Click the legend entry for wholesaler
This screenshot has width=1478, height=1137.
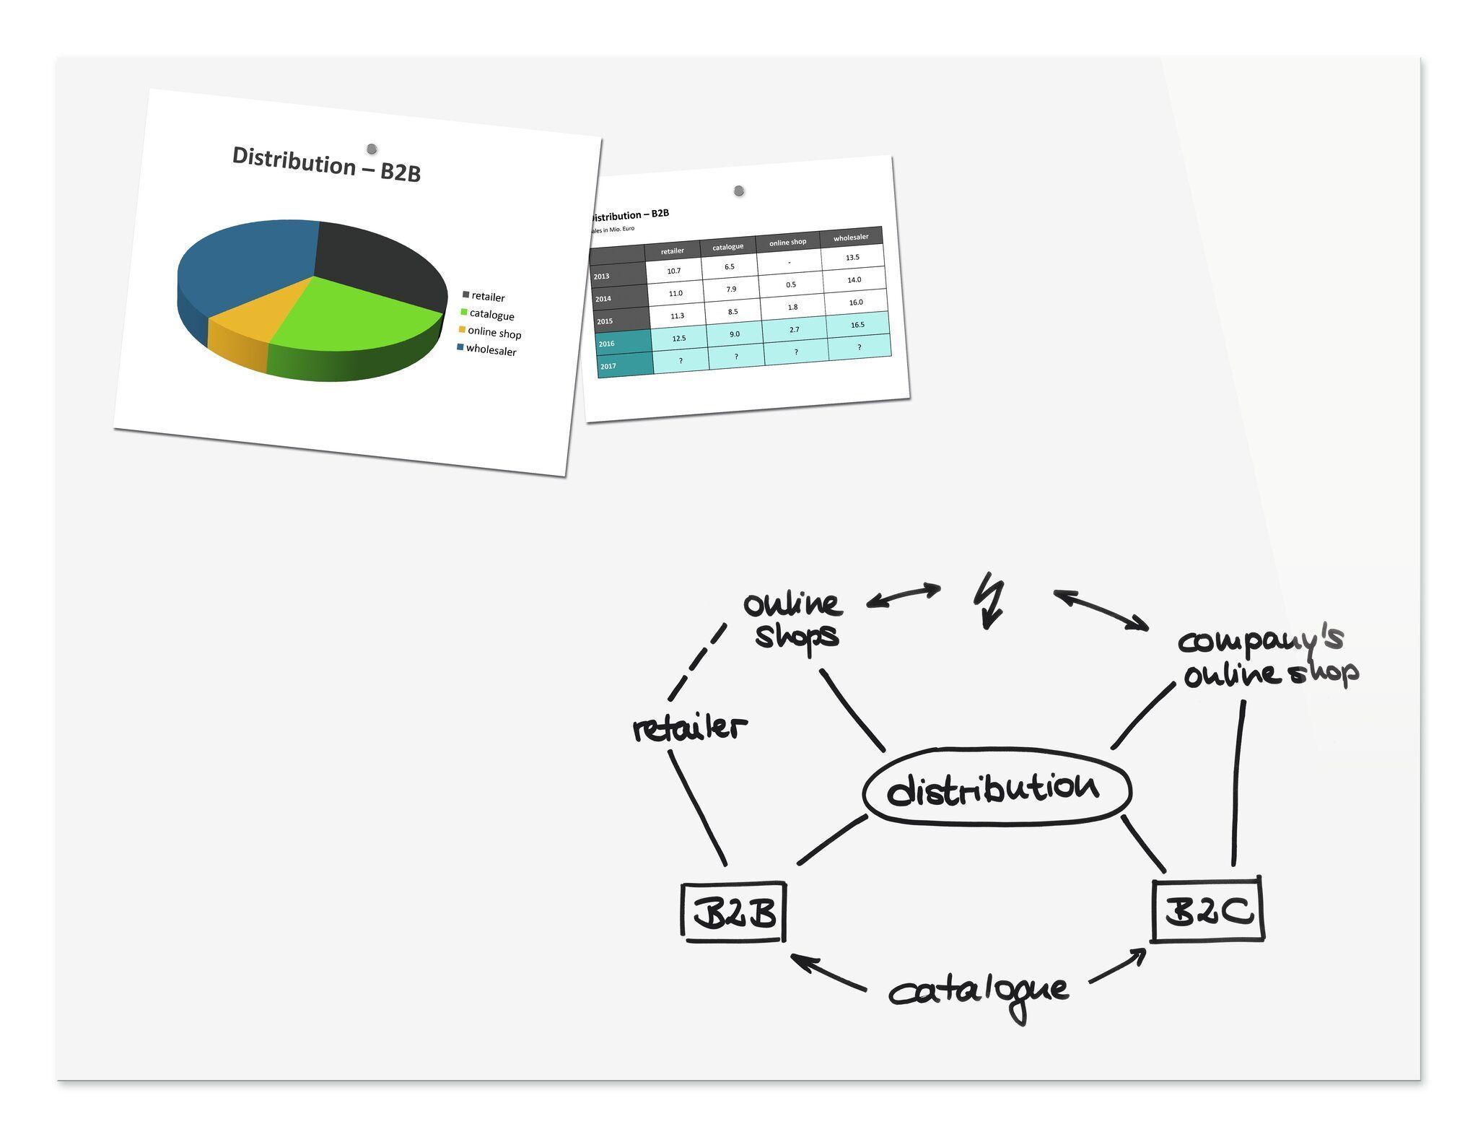(x=491, y=350)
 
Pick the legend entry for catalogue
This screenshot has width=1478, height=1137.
(x=491, y=315)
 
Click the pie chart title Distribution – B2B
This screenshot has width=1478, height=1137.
(x=326, y=165)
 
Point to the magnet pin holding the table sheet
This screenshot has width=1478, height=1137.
(x=739, y=191)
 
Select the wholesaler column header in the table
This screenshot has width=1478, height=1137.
(x=851, y=237)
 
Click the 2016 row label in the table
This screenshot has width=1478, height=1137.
(x=607, y=344)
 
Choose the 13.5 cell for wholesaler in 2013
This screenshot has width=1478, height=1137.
(x=852, y=258)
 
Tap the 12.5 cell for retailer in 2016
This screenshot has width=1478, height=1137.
(x=679, y=338)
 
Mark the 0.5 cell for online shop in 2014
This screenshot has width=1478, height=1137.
(x=791, y=284)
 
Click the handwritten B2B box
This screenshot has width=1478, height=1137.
(x=734, y=911)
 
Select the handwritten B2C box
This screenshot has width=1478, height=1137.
(x=1207, y=910)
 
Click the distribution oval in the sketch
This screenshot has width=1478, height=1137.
(x=997, y=788)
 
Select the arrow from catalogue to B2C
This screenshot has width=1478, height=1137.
(x=1117, y=965)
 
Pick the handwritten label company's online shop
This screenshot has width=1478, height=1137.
(x=1269, y=657)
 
